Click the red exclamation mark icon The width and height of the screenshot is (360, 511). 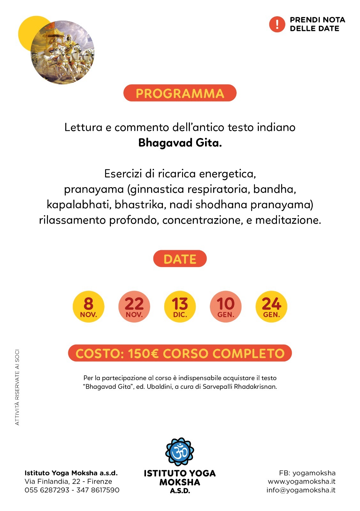(x=277, y=24)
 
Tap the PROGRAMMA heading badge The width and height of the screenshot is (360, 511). (x=180, y=93)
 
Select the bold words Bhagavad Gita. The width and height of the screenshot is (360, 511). (x=180, y=142)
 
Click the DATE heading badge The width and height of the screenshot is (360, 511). (x=180, y=259)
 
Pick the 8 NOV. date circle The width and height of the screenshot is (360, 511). (x=88, y=307)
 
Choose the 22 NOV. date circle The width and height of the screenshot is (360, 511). (x=134, y=307)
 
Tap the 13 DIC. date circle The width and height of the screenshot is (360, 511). (x=180, y=307)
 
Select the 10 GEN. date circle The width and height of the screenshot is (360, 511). (x=226, y=307)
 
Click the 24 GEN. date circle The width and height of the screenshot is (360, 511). (x=271, y=307)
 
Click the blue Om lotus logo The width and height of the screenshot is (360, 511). (x=180, y=452)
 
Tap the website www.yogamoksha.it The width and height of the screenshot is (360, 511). (x=302, y=481)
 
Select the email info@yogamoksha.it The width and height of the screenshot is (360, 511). (x=301, y=490)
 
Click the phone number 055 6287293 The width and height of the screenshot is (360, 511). (x=47, y=490)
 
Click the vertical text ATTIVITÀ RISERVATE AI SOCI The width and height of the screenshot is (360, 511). (x=17, y=387)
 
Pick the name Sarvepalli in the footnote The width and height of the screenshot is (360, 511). (x=218, y=386)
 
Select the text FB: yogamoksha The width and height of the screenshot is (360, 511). (x=307, y=473)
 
